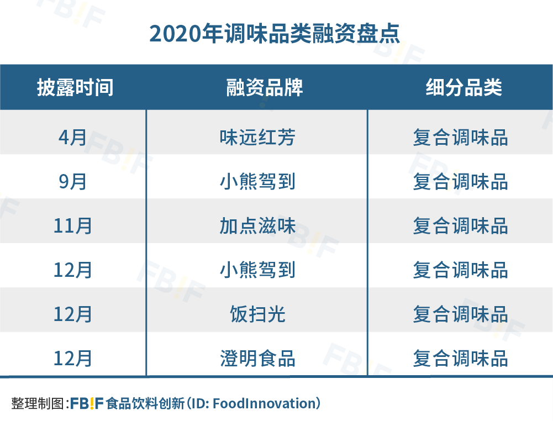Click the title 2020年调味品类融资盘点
pos(275,34)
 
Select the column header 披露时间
pos(75,87)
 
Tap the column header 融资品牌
pos(265,87)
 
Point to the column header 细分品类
pos(464,87)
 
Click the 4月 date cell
pos(72,137)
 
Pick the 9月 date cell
pos(72,182)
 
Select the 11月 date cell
pos(73,225)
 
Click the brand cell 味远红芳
pos(257,137)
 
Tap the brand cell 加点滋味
pos(257,225)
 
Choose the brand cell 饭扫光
pos(257,314)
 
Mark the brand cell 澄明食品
pos(257,358)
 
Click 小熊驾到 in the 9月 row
pos(257,182)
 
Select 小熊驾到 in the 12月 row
pos(257,270)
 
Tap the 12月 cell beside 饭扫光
pos(73,314)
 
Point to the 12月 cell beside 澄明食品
pos(73,358)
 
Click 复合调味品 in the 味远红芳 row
pos(461,137)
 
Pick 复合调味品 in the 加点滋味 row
pos(461,225)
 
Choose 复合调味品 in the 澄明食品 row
pos(461,358)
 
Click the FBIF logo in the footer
pos(87,403)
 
